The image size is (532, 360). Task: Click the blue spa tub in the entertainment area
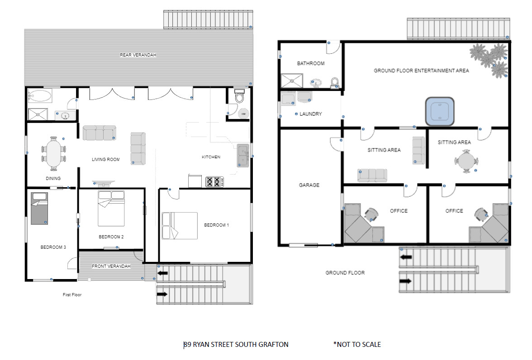click(x=440, y=111)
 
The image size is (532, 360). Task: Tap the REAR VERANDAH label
click(x=138, y=55)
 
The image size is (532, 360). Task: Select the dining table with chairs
click(x=53, y=154)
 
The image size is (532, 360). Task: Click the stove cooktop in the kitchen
click(x=215, y=181)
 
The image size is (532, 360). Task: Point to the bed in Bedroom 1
click(x=180, y=226)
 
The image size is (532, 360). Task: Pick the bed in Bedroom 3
click(x=39, y=208)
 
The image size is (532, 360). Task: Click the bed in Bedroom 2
click(x=111, y=208)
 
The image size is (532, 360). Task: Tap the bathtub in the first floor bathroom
click(x=40, y=96)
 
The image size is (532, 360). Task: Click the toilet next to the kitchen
click(x=240, y=96)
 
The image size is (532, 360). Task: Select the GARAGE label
click(x=309, y=185)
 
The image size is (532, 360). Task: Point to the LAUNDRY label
click(x=311, y=114)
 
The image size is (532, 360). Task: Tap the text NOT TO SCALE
click(x=359, y=344)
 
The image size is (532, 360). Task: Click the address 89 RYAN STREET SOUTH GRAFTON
click(x=236, y=344)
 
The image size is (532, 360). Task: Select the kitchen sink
click(x=243, y=156)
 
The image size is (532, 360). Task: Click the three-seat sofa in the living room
click(x=100, y=133)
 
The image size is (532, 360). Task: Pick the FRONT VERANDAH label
click(x=111, y=266)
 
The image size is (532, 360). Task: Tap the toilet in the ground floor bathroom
click(x=335, y=82)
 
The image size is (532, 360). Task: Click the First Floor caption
click(x=72, y=295)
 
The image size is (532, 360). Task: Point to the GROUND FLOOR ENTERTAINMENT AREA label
click(x=422, y=71)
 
